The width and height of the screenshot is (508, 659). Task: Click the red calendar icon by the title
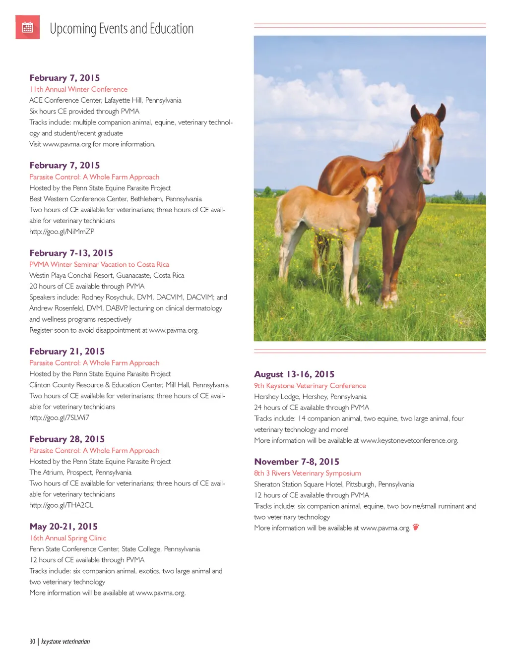(x=28, y=27)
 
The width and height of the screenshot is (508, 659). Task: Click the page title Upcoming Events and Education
(x=122, y=29)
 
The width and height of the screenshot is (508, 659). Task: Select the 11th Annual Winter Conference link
(x=78, y=89)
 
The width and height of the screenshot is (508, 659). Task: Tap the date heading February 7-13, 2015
(x=71, y=253)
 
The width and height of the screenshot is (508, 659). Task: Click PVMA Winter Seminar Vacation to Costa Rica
(x=99, y=264)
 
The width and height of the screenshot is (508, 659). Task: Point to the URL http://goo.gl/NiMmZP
(x=62, y=232)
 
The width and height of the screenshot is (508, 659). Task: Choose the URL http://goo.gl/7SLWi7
(x=59, y=418)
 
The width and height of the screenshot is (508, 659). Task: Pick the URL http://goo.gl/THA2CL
(x=61, y=505)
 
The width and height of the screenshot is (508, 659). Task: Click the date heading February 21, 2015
(x=67, y=351)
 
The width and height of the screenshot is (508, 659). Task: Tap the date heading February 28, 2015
(x=67, y=439)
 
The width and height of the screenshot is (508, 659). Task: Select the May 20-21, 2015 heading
(x=63, y=527)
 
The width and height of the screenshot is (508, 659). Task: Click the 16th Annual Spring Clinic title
(x=67, y=538)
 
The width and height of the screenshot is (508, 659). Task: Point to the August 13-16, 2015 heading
(x=294, y=374)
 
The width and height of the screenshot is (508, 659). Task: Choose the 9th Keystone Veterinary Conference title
(x=310, y=386)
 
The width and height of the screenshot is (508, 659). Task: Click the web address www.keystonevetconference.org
(x=409, y=440)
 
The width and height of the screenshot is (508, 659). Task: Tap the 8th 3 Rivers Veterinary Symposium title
(x=308, y=473)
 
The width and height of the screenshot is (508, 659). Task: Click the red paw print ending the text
(x=416, y=527)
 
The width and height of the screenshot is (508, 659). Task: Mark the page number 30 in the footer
(x=32, y=642)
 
